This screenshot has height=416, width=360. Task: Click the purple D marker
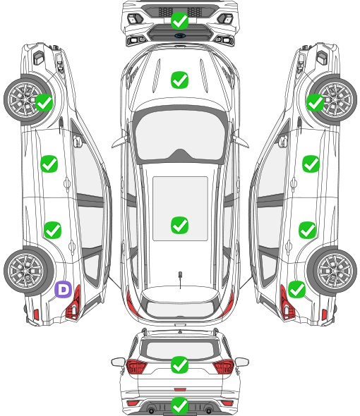(x=64, y=289)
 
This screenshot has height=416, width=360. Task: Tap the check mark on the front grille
(x=179, y=20)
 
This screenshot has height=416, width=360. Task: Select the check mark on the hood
(x=179, y=80)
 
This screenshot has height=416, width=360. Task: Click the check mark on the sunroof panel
(x=179, y=225)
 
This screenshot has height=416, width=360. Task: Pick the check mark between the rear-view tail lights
(x=179, y=365)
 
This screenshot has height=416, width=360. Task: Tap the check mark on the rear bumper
(x=179, y=405)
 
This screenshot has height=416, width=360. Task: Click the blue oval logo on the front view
(x=180, y=35)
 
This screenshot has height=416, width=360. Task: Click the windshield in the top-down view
(x=180, y=135)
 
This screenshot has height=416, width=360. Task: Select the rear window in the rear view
(x=180, y=350)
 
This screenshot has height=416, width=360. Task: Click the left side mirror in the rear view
(x=118, y=362)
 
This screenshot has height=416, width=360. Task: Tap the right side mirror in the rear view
(x=242, y=362)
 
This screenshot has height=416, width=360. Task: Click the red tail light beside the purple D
(x=73, y=303)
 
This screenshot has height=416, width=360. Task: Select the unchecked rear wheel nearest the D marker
(x=28, y=271)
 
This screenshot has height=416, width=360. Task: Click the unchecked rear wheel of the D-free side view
(x=333, y=271)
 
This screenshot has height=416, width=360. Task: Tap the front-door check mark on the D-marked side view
(x=49, y=164)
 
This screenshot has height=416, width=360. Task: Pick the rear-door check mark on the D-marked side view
(x=53, y=230)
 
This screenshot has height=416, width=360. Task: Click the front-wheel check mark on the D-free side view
(x=315, y=103)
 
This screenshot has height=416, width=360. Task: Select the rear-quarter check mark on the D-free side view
(x=296, y=290)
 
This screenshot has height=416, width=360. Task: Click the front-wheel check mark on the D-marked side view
(x=44, y=103)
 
